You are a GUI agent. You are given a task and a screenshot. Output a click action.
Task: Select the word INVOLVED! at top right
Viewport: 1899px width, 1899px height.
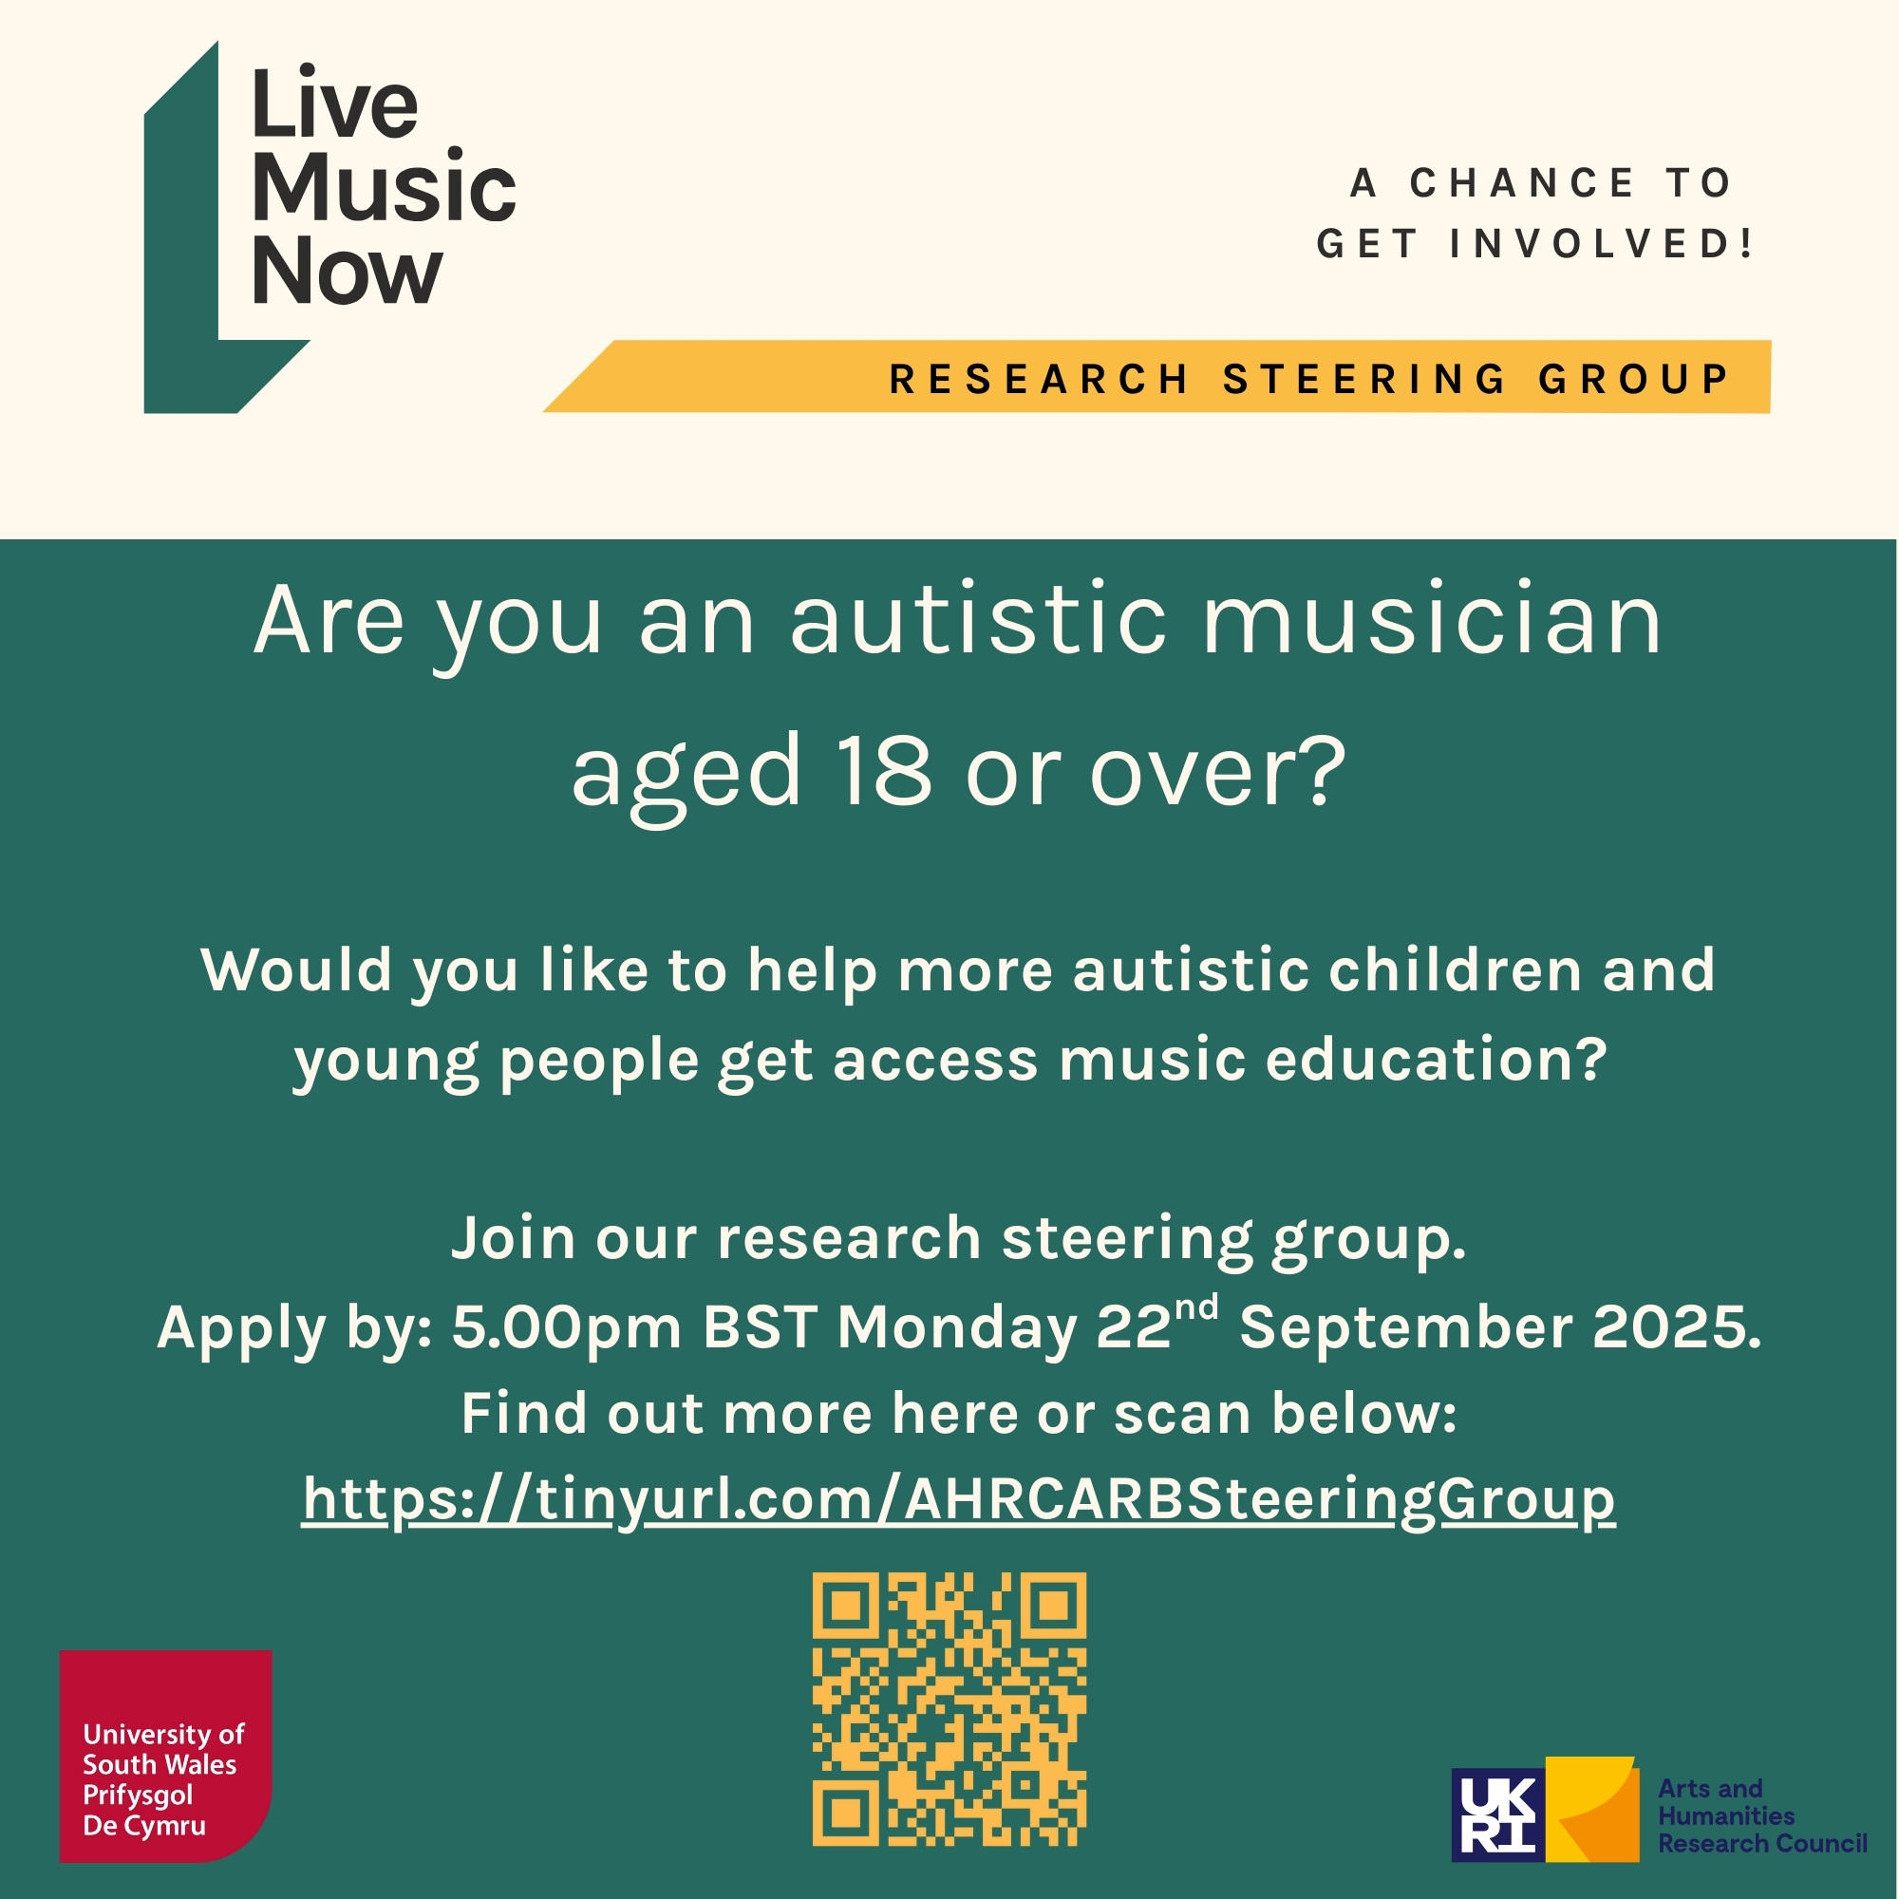click(x=1602, y=244)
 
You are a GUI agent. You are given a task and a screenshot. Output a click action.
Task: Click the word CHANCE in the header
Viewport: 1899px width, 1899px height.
click(x=1523, y=183)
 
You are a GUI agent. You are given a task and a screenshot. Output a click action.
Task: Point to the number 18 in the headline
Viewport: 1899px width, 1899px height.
click(x=883, y=772)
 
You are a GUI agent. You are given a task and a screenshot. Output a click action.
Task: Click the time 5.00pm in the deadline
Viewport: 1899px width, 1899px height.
click(x=566, y=1328)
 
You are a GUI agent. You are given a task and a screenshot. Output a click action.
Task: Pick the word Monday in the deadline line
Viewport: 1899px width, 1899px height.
click(x=957, y=1328)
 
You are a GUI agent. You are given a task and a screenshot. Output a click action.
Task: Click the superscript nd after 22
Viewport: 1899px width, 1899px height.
click(x=1196, y=1307)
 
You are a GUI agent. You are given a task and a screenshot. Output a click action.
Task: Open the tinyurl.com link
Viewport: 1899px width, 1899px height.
click(x=958, y=1500)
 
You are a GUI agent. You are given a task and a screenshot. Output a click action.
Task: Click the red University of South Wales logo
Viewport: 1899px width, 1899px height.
click(x=165, y=1756)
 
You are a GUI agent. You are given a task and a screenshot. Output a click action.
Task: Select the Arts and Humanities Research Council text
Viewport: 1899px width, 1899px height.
click(x=1761, y=1815)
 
